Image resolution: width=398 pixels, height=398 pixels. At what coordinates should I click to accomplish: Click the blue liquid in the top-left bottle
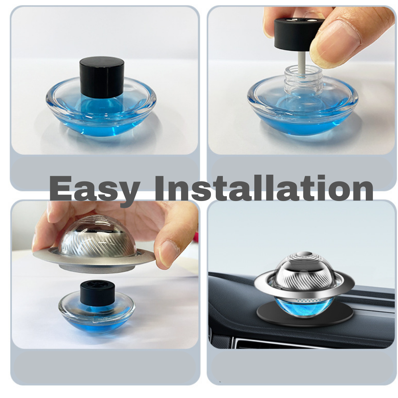(101, 126)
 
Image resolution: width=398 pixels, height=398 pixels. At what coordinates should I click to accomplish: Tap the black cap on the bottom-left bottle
(98, 292)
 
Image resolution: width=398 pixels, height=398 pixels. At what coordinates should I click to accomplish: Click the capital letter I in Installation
(160, 188)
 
